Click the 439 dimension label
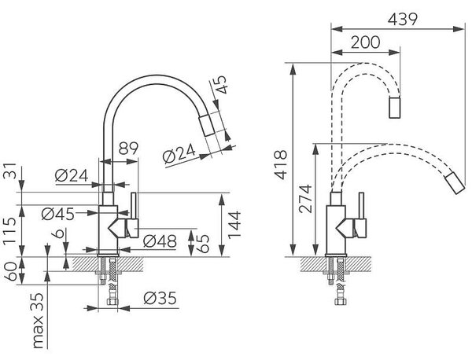click(x=403, y=19)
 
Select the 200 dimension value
click(x=366, y=42)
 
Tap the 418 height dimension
click(x=282, y=165)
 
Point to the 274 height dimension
click(x=305, y=199)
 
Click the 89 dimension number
click(x=128, y=149)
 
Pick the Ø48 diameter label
click(x=160, y=241)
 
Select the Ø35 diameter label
click(x=160, y=298)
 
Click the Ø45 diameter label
click(x=57, y=214)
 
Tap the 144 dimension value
click(x=234, y=225)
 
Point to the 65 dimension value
click(x=203, y=244)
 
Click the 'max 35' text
click(x=37, y=321)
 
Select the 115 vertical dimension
click(x=10, y=230)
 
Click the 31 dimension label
click(x=10, y=171)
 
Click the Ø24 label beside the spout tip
click(x=179, y=154)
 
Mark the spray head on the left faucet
click(x=206, y=125)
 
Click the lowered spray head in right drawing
click(x=455, y=183)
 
